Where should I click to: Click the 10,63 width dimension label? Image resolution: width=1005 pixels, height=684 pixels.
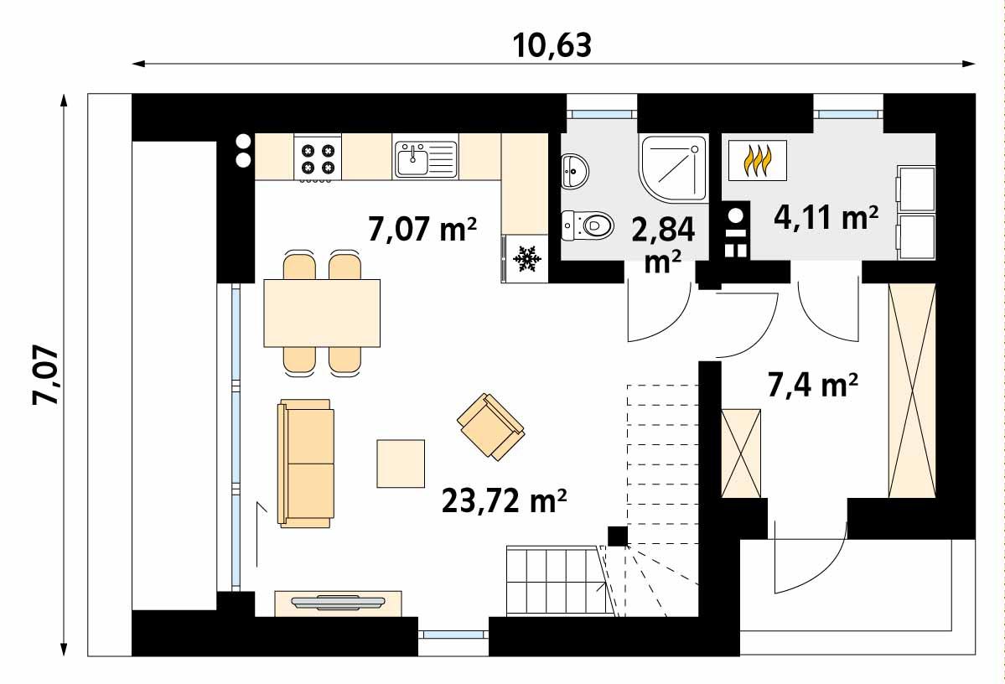tap(552, 44)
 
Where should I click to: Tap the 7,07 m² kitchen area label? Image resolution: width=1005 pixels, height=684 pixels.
tap(422, 229)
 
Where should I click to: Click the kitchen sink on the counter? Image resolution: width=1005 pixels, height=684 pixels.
tap(425, 159)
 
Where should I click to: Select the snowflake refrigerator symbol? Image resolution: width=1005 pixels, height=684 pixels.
tap(526, 259)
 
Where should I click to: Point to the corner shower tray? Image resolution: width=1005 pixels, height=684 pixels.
tap(672, 168)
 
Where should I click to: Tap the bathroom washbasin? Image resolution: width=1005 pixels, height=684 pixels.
tap(575, 171)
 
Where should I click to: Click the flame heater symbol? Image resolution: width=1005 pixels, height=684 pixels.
tap(757, 161)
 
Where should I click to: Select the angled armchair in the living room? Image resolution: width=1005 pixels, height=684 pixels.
tap(490, 426)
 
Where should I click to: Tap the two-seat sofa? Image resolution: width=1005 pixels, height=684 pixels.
tap(306, 463)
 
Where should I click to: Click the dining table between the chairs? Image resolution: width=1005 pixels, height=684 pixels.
tap(322, 312)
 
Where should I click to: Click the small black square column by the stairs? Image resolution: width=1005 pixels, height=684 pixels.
tap(617, 536)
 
